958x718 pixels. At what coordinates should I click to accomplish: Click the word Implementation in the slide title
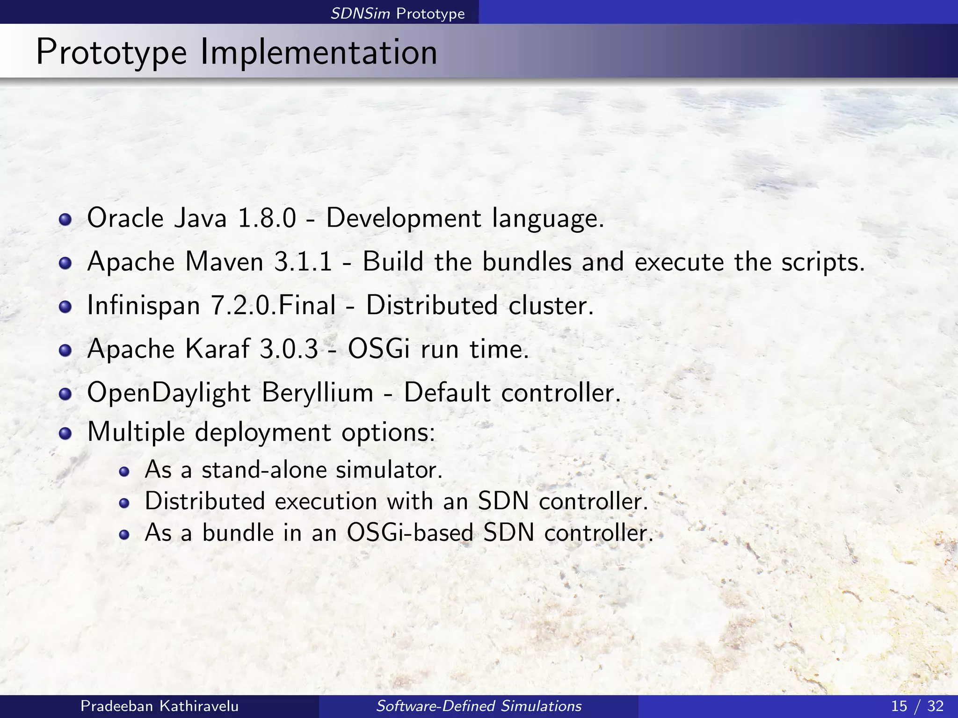(319, 52)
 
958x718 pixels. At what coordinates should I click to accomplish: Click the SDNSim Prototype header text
(398, 14)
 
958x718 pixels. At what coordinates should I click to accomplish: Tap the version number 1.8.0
(267, 218)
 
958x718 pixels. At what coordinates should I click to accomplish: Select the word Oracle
(125, 218)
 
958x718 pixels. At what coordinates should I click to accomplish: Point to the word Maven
(225, 262)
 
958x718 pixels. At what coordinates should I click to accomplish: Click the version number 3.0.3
(289, 349)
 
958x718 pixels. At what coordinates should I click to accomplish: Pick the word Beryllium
(317, 393)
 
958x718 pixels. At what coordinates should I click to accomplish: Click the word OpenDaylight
(169, 393)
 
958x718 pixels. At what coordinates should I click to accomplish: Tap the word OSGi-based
(410, 532)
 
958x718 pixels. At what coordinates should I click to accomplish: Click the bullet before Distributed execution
(123, 503)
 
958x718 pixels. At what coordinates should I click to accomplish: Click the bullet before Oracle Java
(65, 219)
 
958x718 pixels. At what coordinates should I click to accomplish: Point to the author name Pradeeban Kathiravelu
(160, 706)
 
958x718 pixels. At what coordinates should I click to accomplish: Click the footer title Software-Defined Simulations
(479, 706)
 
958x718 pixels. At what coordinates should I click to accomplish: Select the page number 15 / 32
(917, 706)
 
